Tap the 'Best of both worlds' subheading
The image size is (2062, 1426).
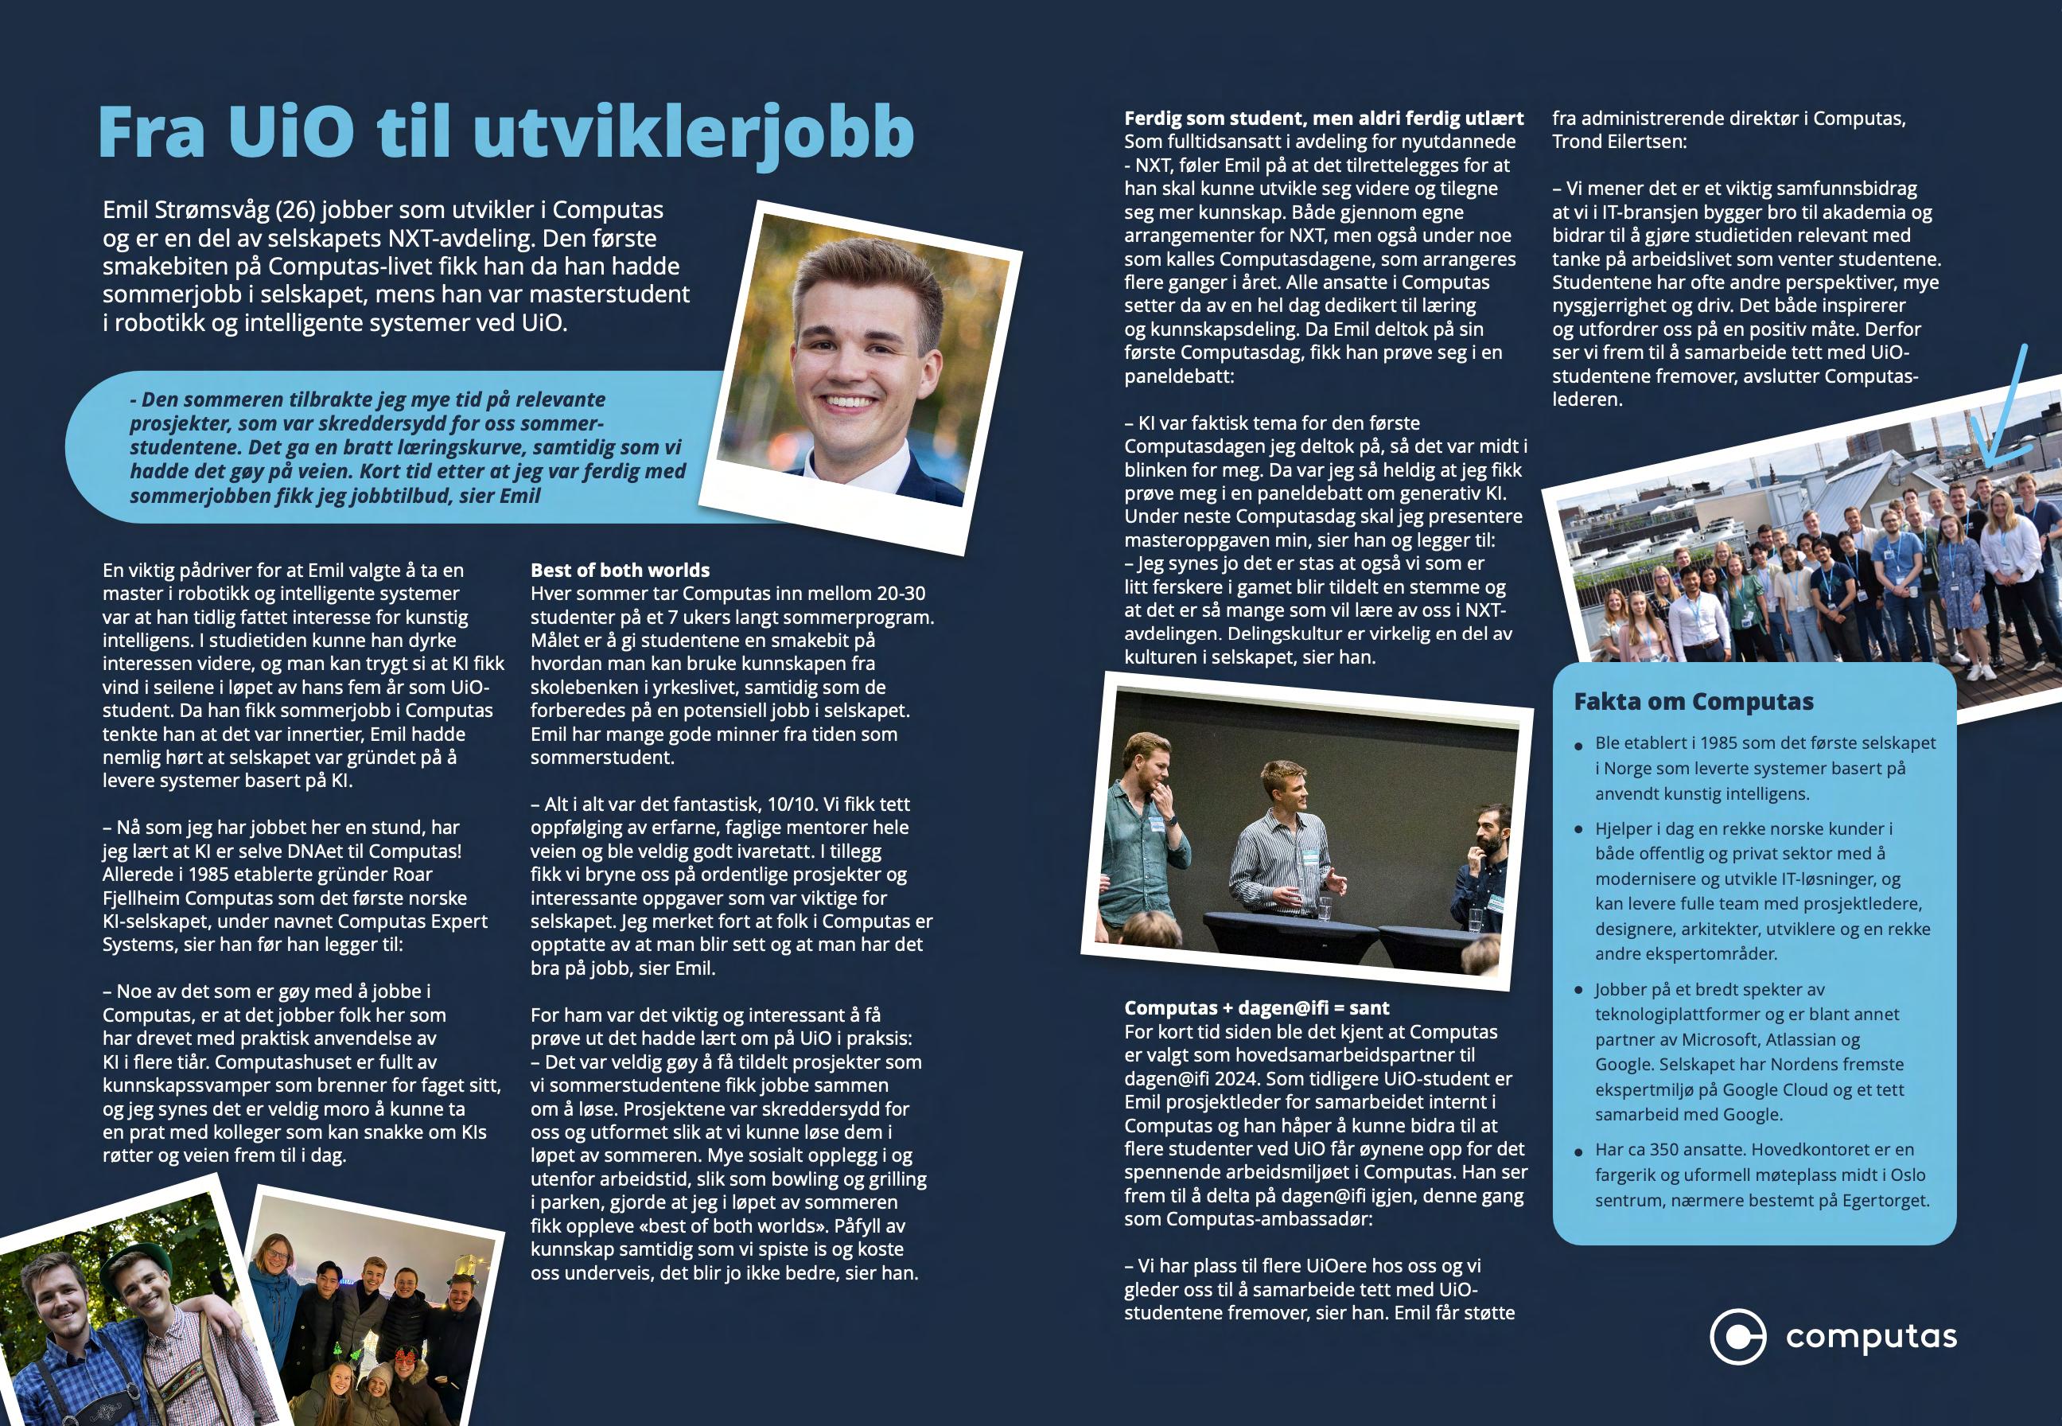click(620, 570)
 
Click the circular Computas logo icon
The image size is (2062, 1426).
click(1737, 1338)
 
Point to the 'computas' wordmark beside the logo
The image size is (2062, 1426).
click(1871, 1338)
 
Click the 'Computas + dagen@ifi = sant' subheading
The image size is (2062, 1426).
click(1256, 1008)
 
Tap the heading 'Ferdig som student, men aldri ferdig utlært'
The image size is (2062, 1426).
click(1324, 118)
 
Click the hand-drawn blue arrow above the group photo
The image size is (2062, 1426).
click(2005, 420)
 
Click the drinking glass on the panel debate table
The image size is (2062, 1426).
click(1325, 908)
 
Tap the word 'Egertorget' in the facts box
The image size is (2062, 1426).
click(1882, 1200)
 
